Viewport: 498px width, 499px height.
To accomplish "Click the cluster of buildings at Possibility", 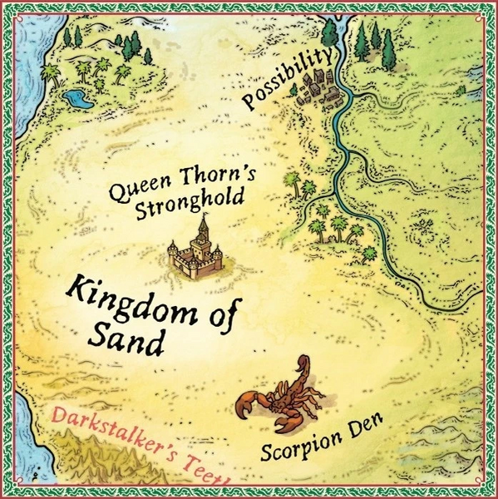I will pos(321,86).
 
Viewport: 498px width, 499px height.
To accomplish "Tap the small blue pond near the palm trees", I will pos(79,100).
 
